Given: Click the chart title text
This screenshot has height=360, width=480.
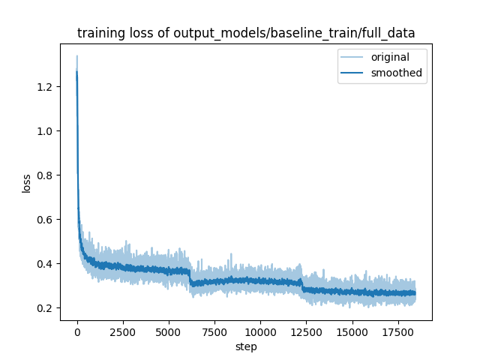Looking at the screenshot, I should [246, 33].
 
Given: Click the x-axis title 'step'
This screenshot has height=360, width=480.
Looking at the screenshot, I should [246, 346].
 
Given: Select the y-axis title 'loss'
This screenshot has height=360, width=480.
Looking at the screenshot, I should [27, 183].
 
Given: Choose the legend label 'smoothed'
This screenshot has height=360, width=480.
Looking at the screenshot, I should [397, 73].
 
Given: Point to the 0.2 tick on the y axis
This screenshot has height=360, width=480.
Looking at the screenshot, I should [46, 308].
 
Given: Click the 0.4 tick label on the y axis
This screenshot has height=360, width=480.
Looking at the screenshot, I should [46, 264].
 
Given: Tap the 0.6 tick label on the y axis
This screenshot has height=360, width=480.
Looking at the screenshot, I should [46, 220].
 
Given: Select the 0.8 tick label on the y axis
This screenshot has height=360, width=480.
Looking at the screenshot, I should [46, 175].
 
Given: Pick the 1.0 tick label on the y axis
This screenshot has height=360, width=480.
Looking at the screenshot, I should [46, 131].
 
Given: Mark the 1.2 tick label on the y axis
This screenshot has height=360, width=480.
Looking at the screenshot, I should [46, 87].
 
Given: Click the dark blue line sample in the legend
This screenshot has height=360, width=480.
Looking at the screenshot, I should [354, 73].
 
